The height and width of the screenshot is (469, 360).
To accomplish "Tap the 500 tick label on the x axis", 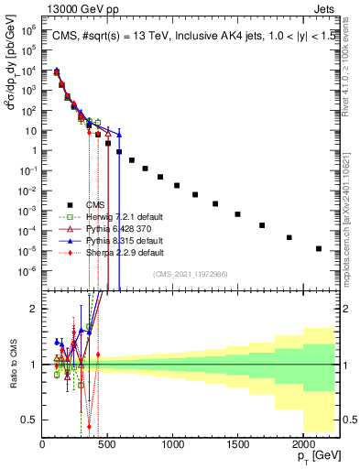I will [108, 445].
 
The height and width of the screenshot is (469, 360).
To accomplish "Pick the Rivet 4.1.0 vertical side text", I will [351, 64].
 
